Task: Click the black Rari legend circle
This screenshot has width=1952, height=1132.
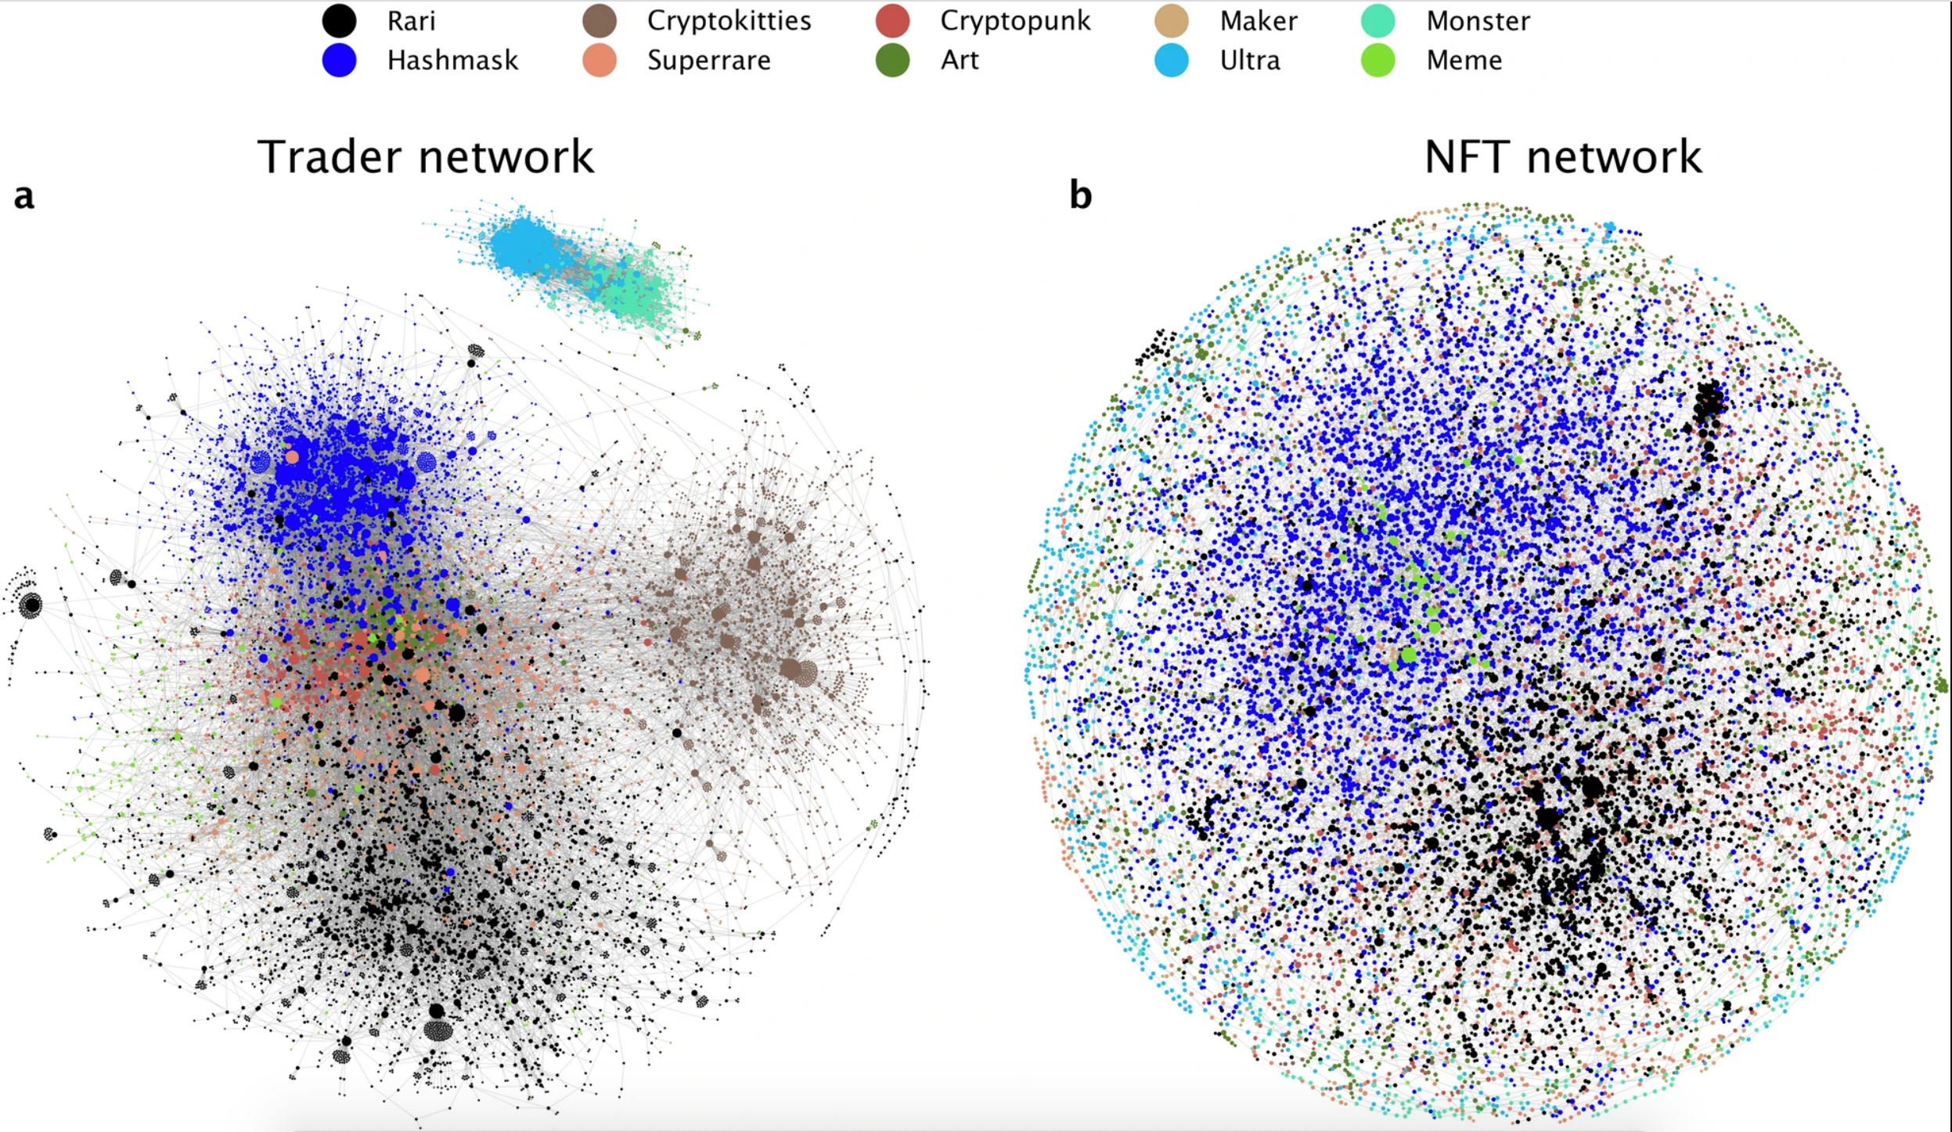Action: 339,20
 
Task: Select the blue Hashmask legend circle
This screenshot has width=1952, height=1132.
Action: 339,60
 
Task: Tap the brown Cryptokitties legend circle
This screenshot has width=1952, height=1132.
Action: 600,20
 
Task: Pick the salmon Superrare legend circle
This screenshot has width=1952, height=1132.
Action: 600,60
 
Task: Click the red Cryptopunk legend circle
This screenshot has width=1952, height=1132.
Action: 892,20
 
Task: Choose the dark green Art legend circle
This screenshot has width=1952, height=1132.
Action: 892,60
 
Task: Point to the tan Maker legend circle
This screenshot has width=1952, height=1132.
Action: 1172,20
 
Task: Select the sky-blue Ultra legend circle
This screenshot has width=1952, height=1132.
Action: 1172,60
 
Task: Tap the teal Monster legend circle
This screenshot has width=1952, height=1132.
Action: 1378,20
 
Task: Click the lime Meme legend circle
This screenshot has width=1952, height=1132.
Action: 1378,60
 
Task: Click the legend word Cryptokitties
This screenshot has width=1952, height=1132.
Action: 729,21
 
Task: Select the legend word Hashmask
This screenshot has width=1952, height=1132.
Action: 452,60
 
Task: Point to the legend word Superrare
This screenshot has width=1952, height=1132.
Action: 708,61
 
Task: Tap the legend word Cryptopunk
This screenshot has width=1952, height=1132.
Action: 1015,21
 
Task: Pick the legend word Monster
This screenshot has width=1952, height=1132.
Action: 1478,21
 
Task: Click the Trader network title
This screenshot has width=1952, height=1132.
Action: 425,157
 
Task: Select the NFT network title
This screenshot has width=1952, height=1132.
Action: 1562,157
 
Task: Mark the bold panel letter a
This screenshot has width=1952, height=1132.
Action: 24,196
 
